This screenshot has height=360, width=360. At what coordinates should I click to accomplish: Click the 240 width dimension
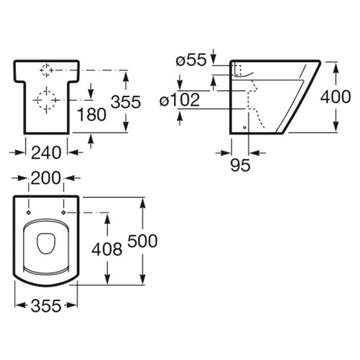[46, 153]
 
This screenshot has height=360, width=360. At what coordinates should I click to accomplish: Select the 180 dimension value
[91, 114]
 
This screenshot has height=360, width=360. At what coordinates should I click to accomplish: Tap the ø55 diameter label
[191, 60]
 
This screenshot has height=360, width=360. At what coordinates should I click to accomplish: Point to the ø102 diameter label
[179, 99]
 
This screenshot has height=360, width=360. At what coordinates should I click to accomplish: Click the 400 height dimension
[336, 96]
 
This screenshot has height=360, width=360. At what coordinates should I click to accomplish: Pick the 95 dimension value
[240, 165]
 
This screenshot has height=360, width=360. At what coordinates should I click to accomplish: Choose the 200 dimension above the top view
[46, 178]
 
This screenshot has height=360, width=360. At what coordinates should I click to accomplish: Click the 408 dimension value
[107, 249]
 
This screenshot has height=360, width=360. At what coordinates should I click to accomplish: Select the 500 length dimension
[143, 240]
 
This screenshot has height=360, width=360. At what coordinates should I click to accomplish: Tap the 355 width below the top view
[46, 306]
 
